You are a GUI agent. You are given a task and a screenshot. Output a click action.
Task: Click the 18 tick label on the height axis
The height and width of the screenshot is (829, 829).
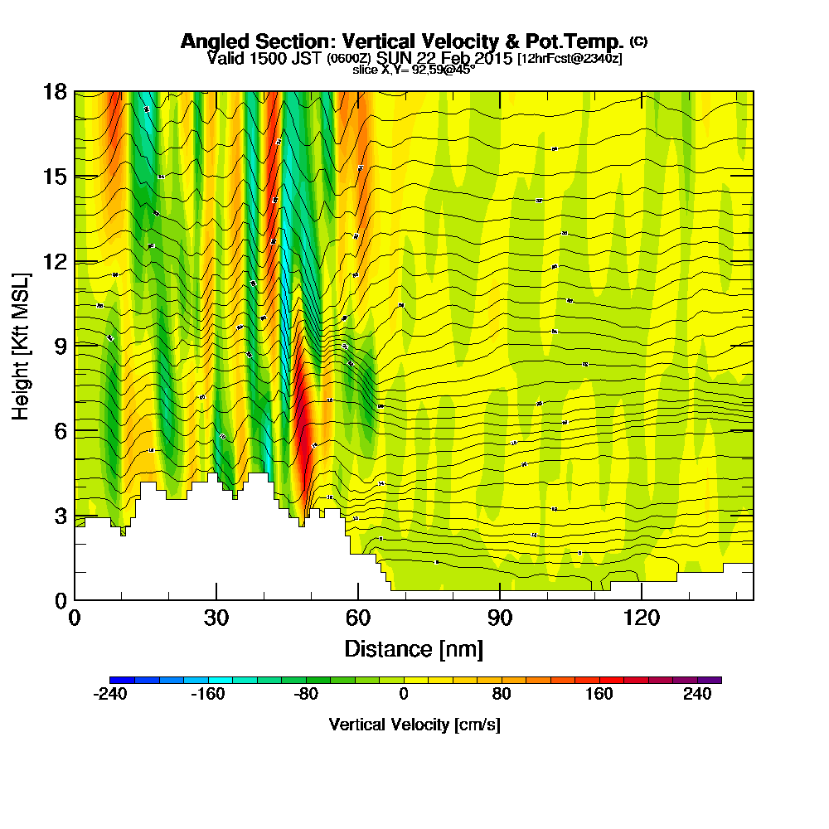[x=55, y=92]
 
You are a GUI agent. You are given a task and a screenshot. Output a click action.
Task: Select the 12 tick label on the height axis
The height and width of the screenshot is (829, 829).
[x=55, y=261]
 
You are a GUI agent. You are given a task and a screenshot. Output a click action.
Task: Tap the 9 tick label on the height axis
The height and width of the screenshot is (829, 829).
[x=61, y=346]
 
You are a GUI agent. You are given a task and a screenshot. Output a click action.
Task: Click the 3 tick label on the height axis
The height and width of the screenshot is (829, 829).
[x=61, y=515]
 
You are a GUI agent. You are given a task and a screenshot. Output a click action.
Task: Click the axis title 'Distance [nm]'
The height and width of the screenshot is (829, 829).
[x=414, y=647]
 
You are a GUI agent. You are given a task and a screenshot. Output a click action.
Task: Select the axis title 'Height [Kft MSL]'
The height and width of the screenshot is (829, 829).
[x=22, y=345]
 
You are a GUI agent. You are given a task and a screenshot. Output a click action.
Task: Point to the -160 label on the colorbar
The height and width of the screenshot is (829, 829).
[x=208, y=695]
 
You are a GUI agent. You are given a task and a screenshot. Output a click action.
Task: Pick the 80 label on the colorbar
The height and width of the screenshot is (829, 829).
[x=501, y=695]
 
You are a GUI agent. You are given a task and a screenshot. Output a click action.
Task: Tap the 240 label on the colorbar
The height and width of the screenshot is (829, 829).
[x=697, y=695]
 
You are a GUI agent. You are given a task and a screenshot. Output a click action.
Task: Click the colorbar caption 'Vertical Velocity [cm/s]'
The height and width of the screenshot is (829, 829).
[x=414, y=725]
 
